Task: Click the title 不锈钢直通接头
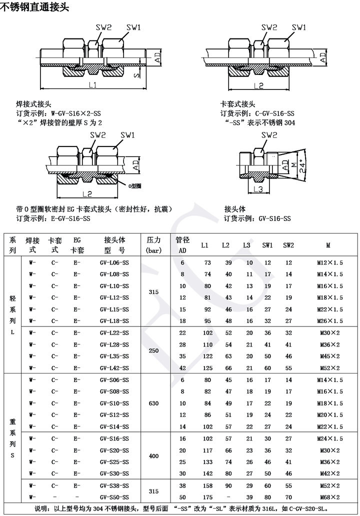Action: coord(34,7)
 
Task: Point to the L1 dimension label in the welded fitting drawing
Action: coord(92,85)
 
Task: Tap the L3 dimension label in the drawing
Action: coord(258,189)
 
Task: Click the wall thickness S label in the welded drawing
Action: coord(135,74)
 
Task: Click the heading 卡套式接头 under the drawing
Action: coord(238,104)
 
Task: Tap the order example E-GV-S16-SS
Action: coord(67,218)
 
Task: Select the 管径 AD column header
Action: coord(182,244)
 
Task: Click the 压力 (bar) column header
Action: coord(153,244)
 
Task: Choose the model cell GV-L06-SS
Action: coord(114,262)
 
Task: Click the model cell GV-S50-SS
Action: coord(114,497)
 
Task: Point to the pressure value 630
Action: coord(153,402)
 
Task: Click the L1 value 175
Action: coord(207,497)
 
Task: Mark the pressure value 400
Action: coord(153,455)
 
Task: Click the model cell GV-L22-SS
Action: coord(114,332)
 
